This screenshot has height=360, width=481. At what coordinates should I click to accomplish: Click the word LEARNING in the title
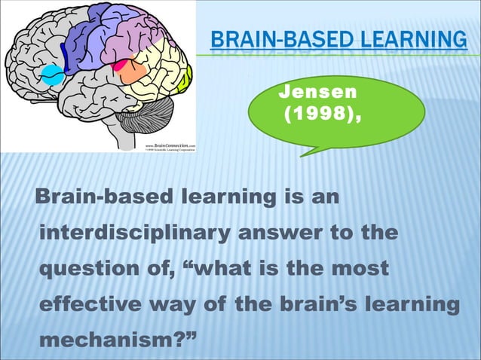pyautogui.click(x=411, y=39)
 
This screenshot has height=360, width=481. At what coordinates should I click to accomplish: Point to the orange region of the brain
pyautogui.click(x=130, y=72)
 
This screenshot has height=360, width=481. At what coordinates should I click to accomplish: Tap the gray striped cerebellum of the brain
pyautogui.click(x=142, y=121)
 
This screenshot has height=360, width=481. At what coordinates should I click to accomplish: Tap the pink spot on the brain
pyautogui.click(x=118, y=66)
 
